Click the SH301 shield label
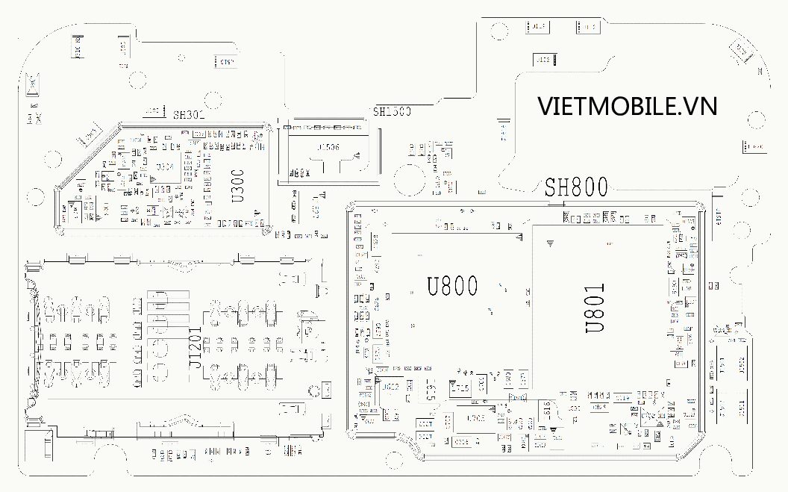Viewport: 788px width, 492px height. (x=188, y=115)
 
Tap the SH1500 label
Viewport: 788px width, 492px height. (x=393, y=112)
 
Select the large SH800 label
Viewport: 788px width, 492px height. (x=575, y=187)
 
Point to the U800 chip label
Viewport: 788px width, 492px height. (x=453, y=287)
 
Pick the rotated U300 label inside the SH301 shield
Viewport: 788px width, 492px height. (x=238, y=186)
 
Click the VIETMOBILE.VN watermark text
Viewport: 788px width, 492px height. (x=628, y=107)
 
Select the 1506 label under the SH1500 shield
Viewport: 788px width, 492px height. (x=328, y=148)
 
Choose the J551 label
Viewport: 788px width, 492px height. (x=742, y=407)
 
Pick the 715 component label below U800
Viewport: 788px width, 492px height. (x=460, y=388)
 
